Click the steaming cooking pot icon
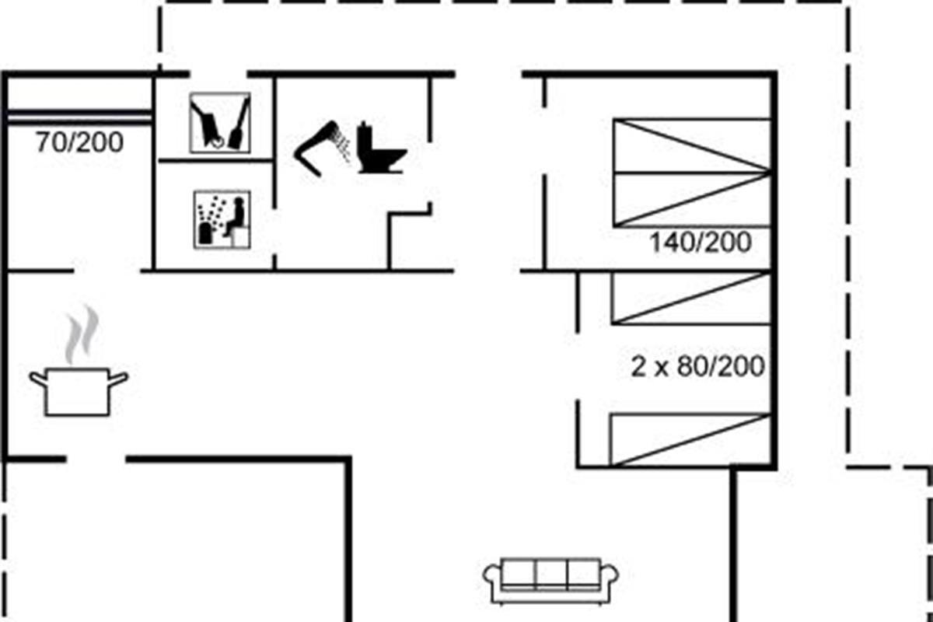click(78, 389)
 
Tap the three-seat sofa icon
click(551, 579)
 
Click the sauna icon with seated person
click(222, 219)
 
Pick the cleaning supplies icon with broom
click(221, 123)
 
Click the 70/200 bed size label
click(79, 143)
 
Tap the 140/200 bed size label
click(701, 243)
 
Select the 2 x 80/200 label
click(697, 365)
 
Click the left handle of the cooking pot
click(37, 379)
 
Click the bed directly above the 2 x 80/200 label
click(690, 297)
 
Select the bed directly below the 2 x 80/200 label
click(690, 440)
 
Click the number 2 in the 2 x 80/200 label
click(638, 366)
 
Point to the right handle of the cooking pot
click(119, 379)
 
